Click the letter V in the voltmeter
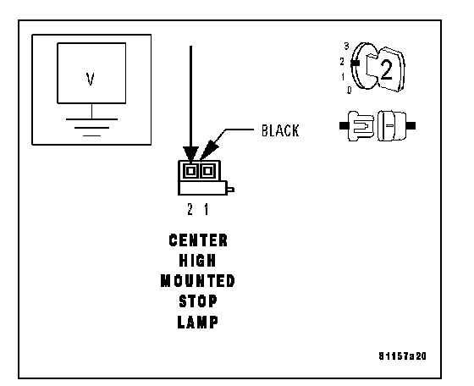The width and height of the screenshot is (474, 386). coord(90,80)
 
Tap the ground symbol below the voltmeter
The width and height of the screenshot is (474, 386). coord(91,127)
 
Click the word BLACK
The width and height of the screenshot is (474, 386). coord(280,130)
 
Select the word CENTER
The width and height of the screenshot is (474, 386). coord(198,240)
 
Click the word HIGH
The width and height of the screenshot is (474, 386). coord(197,260)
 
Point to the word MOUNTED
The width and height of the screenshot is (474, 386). coord(198,281)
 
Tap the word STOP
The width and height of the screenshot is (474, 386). coord(198,301)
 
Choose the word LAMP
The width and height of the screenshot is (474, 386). coord(197,322)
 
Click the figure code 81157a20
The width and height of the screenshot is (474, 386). coord(402,356)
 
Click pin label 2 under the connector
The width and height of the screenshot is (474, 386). coord(190,209)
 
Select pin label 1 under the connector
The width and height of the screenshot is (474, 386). coord(207,209)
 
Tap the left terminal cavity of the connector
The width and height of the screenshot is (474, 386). coord(190,171)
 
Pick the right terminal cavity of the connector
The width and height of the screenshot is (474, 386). coord(207,171)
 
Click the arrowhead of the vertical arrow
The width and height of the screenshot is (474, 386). coord(190,154)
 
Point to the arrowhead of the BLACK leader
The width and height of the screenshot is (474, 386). coord(208,151)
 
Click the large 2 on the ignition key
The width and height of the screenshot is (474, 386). coord(386,69)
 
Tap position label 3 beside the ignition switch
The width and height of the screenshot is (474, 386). coord(346,46)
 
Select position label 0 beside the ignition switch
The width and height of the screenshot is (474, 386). coord(349,90)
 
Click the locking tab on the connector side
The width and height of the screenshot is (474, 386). coord(230,190)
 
